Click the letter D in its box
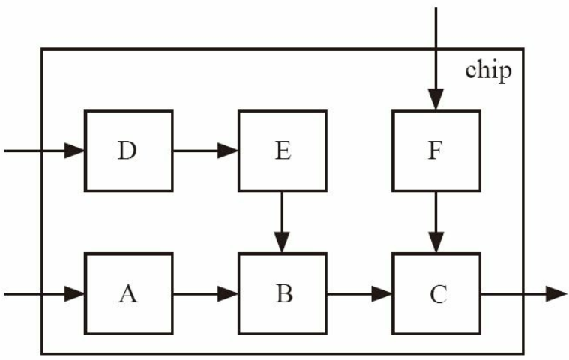click(x=127, y=151)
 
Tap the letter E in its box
click(x=283, y=151)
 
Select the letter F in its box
click(x=436, y=151)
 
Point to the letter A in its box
click(x=128, y=294)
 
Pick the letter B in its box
click(x=284, y=294)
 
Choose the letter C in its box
click(x=439, y=294)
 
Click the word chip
click(x=489, y=70)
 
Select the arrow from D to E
click(x=205, y=151)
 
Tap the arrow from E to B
click(x=282, y=222)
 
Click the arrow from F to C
click(x=436, y=222)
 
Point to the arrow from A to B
click(x=205, y=294)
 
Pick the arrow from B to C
click(x=360, y=294)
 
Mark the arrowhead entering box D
click(x=74, y=151)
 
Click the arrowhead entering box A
click(x=74, y=294)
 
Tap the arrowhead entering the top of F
click(x=436, y=99)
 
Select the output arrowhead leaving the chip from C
click(x=556, y=294)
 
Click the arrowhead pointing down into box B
click(x=282, y=242)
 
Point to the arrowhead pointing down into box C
click(x=436, y=242)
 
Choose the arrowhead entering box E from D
click(x=228, y=151)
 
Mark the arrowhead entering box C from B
click(x=382, y=294)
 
